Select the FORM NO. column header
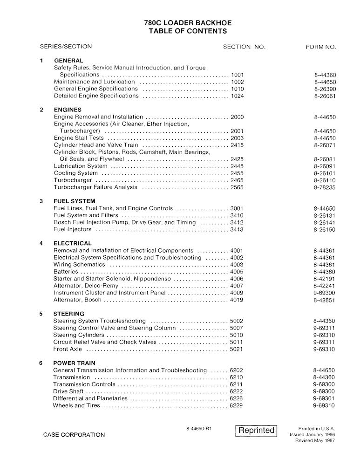pyautogui.click(x=321, y=47)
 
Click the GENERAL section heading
pyautogui.click(x=68, y=61)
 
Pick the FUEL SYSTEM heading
pyautogui.click(x=75, y=201)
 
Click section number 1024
pyautogui.click(x=237, y=96)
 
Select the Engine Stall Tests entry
pyautogui.click(x=79, y=138)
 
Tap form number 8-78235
pyautogui.click(x=325, y=187)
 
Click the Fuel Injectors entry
pyautogui.click(x=74, y=229)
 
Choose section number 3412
pyautogui.click(x=237, y=222)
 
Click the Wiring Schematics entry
pyautogui.click(x=79, y=265)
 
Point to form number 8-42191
pyautogui.click(x=325, y=279)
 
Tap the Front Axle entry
pyautogui.click(x=68, y=349)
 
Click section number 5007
pyautogui.click(x=237, y=328)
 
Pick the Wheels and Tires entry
pyautogui.click(x=76, y=405)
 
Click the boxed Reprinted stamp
pyautogui.click(x=256, y=430)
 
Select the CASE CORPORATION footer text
pyautogui.click(x=74, y=435)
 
